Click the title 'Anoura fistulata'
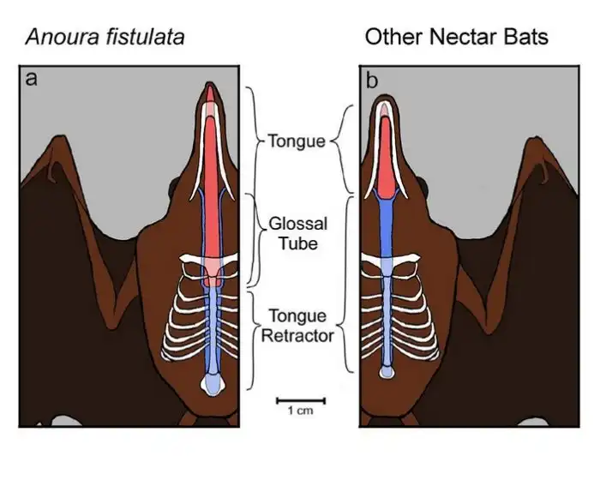tap(105, 37)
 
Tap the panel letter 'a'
tap(32, 80)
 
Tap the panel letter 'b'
tap(372, 81)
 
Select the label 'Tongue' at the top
tap(297, 141)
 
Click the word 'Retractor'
tap(297, 336)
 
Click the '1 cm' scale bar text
tap(301, 411)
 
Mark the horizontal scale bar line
tap(301, 399)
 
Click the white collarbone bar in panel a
tap(211, 262)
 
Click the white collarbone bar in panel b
tap(387, 262)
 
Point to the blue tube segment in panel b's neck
tap(387, 223)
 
